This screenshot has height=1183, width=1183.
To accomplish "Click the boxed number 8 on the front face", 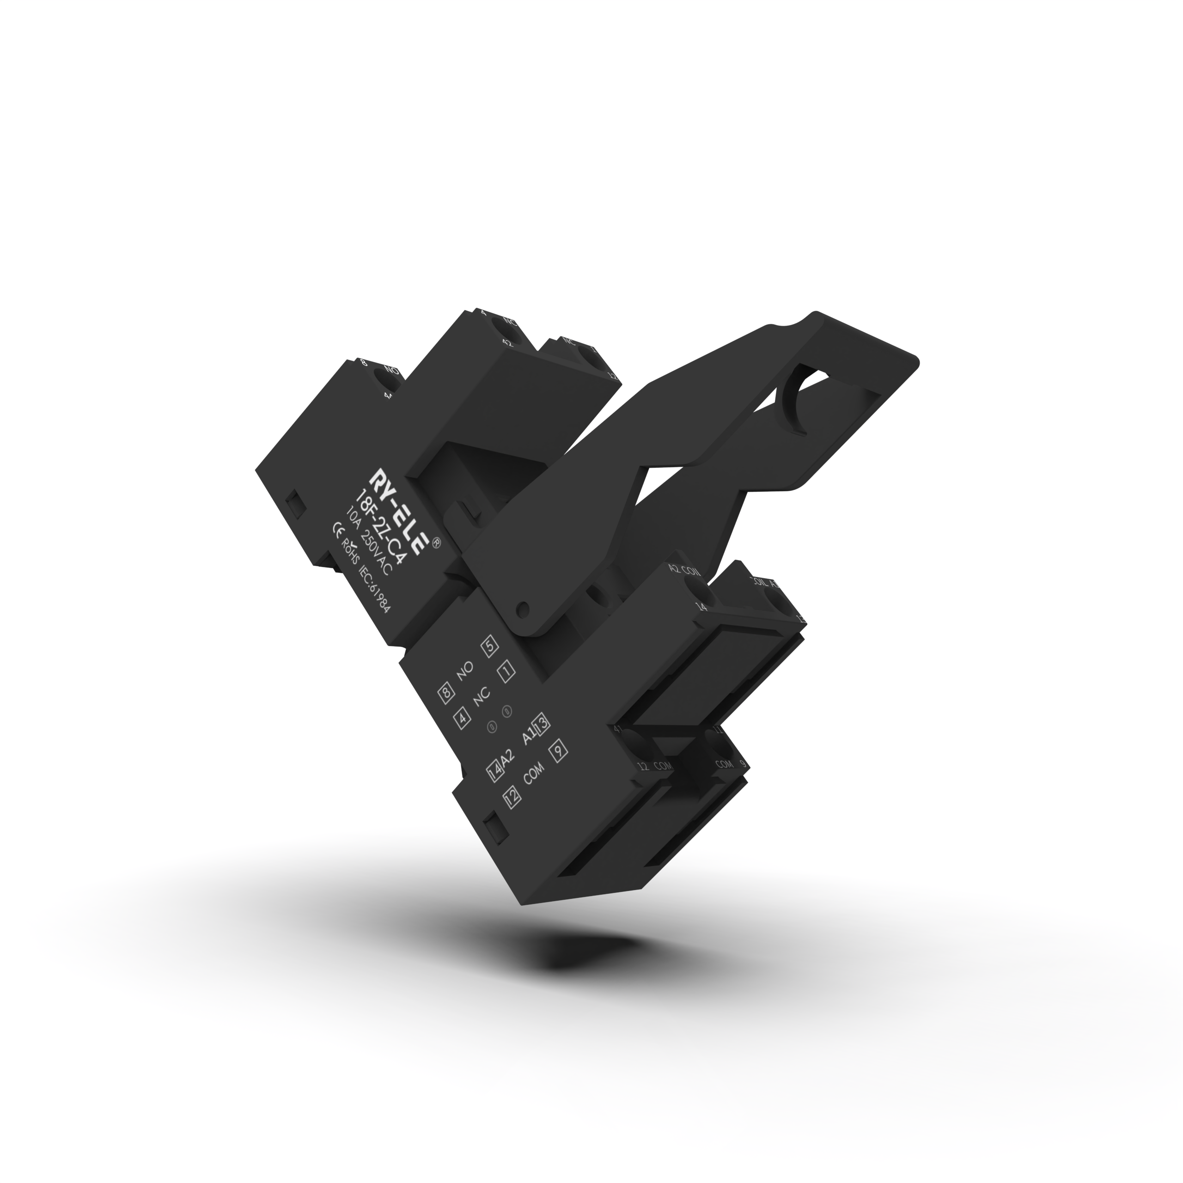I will [446, 694].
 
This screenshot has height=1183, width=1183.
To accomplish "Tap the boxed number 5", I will [490, 647].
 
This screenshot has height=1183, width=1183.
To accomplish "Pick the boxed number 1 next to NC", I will [505, 672].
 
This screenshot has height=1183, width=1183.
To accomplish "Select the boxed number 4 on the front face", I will [463, 717].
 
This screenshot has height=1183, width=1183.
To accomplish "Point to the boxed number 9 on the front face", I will [558, 752].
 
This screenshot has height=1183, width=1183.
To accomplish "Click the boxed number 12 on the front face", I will [512, 796].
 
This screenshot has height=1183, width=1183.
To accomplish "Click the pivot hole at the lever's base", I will [522, 609].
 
